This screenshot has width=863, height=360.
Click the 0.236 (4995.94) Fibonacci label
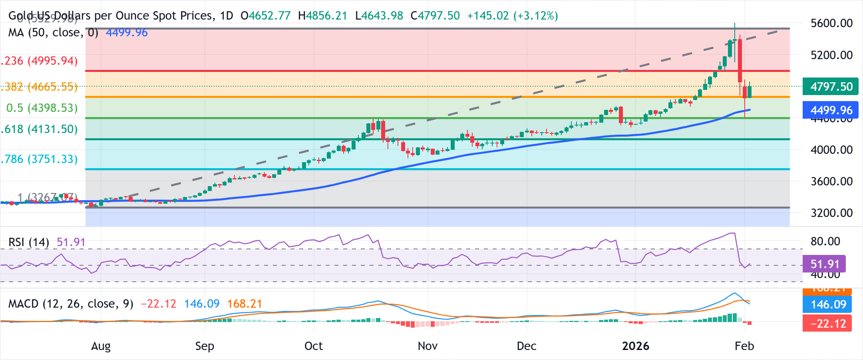40,61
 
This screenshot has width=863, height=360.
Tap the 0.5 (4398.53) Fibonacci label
42,108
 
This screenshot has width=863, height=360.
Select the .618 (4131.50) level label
40,129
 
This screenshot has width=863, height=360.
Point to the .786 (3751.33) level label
40,159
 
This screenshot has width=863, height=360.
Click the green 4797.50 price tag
830,86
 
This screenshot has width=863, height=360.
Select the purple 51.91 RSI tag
824,264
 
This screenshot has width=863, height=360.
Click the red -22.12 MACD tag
827,323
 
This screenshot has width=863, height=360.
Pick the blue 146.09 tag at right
827,304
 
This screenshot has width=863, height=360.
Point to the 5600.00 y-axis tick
831,23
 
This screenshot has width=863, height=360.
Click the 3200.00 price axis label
831,213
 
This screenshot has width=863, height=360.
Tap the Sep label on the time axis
205,346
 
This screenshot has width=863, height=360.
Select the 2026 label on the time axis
635,346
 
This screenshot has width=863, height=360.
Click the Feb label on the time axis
744,346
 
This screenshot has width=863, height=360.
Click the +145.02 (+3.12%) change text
512,16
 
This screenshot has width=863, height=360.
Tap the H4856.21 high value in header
322,16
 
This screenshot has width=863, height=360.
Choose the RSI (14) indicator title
29,242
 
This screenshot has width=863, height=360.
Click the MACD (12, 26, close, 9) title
71,304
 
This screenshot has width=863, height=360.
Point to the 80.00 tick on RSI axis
825,241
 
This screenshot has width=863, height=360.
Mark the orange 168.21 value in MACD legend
245,304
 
